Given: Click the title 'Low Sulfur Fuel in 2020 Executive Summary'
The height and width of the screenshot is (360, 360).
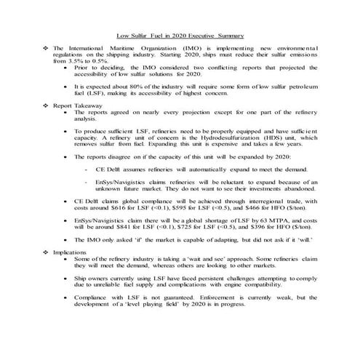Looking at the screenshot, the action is coord(180,36).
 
